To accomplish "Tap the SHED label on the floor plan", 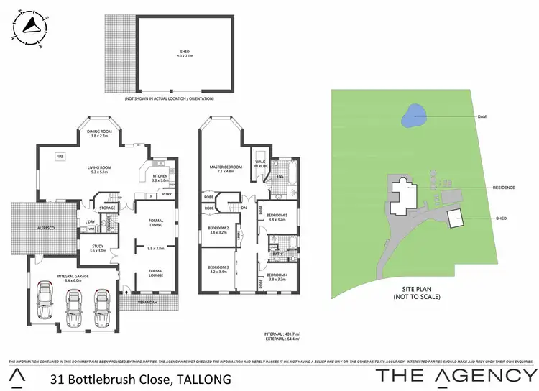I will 185,51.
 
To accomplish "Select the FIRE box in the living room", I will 60,155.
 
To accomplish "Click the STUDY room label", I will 98,249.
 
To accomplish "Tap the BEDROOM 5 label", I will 277,216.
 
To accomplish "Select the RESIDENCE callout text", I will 503,188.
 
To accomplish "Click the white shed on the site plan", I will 454,218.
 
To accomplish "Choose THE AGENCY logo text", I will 456,376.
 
